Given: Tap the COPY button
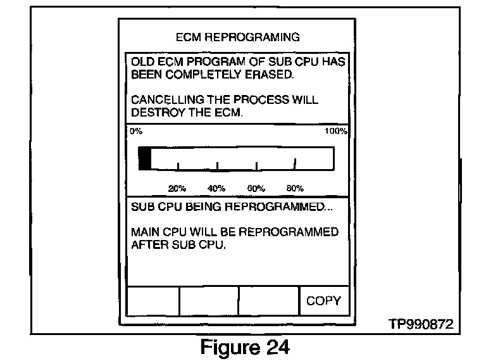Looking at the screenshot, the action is pos(323,301).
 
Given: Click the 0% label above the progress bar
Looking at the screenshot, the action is pos(135,132).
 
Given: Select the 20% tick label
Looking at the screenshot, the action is pos(177,188).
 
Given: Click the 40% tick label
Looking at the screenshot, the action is pos(216,188).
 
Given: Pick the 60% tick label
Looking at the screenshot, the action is pos(255,188).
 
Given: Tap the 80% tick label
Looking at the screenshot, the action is pos(295,188).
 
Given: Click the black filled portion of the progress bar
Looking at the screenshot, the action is pos(145,158).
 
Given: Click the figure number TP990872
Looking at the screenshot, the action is pos(420,325).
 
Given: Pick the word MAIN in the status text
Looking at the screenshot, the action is pos(146,232).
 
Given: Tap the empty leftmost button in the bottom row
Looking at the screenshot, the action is pos(153,301).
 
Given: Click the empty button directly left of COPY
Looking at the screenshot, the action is pos(268,301).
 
